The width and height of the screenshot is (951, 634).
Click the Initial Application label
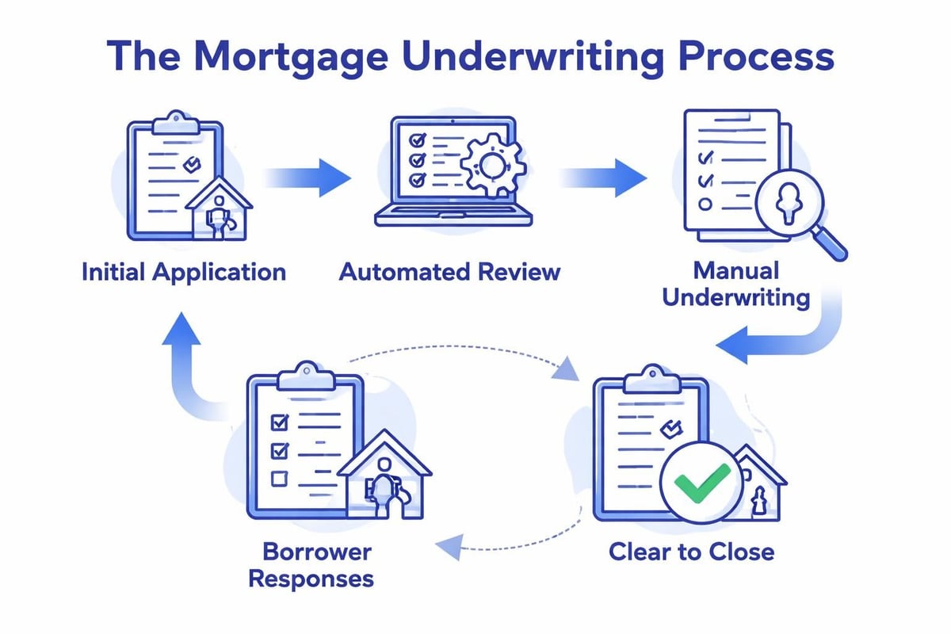click(183, 272)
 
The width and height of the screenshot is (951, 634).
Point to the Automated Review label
click(449, 272)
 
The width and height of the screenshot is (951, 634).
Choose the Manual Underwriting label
click(735, 284)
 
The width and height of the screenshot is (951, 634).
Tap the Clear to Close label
click(691, 551)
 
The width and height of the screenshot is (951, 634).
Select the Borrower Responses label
click(311, 563)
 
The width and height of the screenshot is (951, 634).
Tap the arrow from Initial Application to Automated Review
click(308, 176)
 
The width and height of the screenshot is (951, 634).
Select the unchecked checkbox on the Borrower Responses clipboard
click(279, 478)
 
